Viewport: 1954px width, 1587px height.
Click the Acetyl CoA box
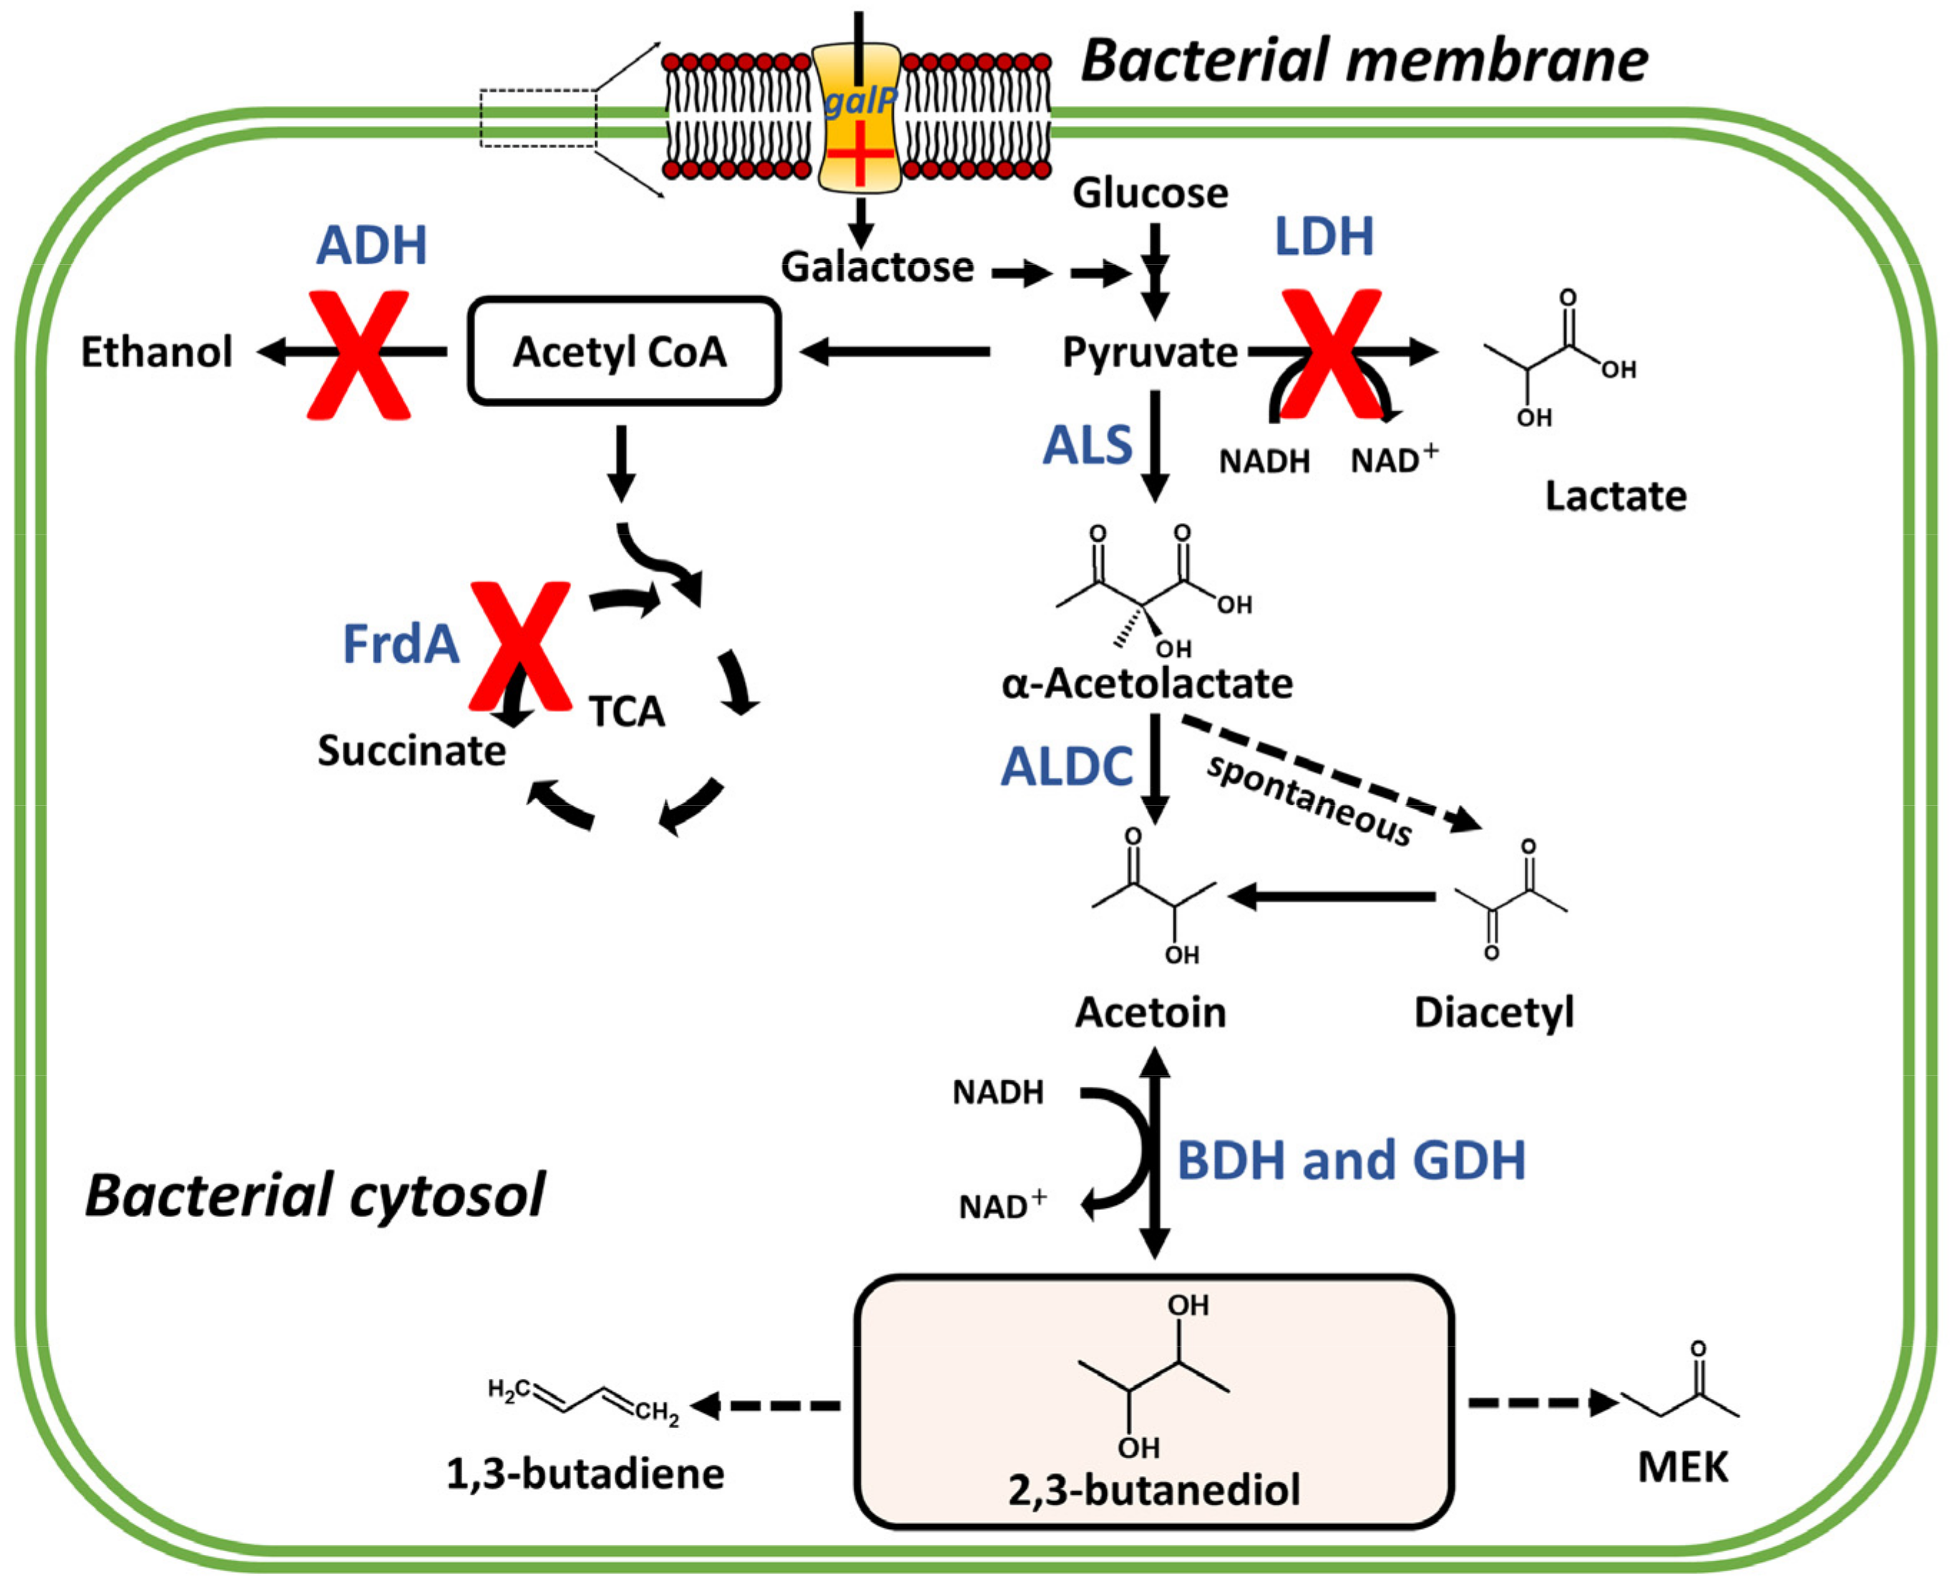623,351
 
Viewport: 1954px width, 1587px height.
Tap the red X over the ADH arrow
358,355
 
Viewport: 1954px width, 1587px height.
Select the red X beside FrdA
520,645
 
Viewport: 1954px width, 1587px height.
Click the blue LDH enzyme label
1324,237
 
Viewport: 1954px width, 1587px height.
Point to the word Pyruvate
1149,352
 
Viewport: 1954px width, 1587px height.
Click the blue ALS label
1087,446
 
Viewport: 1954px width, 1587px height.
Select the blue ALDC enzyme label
1067,766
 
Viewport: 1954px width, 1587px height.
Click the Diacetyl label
1493,1012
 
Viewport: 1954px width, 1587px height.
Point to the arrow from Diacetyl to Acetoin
1332,897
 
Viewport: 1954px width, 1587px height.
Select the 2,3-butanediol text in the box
1153,1489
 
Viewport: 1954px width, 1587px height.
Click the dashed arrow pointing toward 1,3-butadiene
766,1405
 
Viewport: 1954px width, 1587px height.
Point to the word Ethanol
157,352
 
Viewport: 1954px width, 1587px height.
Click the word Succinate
411,751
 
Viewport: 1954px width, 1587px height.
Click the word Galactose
877,267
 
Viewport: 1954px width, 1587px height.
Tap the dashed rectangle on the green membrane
538,118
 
